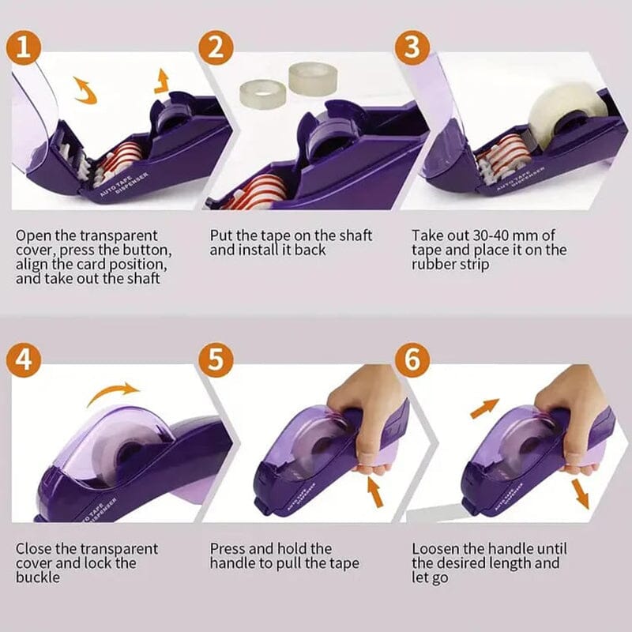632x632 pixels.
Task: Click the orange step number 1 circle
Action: [25, 47]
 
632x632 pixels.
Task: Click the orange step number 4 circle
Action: [25, 360]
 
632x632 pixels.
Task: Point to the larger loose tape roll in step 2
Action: [309, 77]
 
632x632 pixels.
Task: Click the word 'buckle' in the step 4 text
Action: [39, 578]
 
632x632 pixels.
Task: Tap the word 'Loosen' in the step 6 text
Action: [437, 548]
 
